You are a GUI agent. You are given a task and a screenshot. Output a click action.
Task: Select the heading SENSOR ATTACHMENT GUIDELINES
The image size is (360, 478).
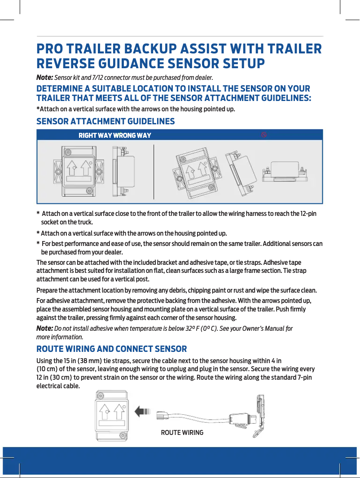[105, 122]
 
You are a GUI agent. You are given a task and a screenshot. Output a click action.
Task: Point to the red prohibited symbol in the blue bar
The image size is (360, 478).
[264, 135]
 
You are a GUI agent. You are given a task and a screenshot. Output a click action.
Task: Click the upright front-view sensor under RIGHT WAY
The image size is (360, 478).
[79, 171]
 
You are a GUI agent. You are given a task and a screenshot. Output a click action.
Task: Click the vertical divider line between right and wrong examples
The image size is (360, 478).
[154, 171]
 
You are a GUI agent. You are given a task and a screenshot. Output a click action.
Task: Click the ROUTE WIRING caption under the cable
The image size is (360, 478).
[182, 433]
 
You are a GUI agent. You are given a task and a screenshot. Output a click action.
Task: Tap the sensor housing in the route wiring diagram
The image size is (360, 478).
[112, 416]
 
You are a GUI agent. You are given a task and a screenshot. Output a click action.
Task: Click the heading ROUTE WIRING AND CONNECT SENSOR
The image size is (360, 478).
[111, 349]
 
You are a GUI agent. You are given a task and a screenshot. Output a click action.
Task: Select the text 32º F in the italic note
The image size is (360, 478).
[192, 329]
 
